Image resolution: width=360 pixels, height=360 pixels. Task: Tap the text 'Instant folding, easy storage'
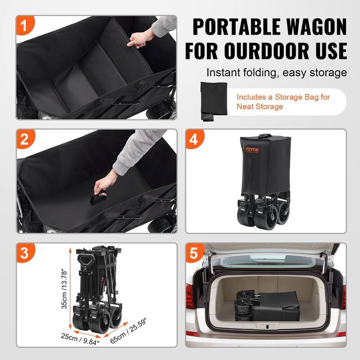coord(277,72)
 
